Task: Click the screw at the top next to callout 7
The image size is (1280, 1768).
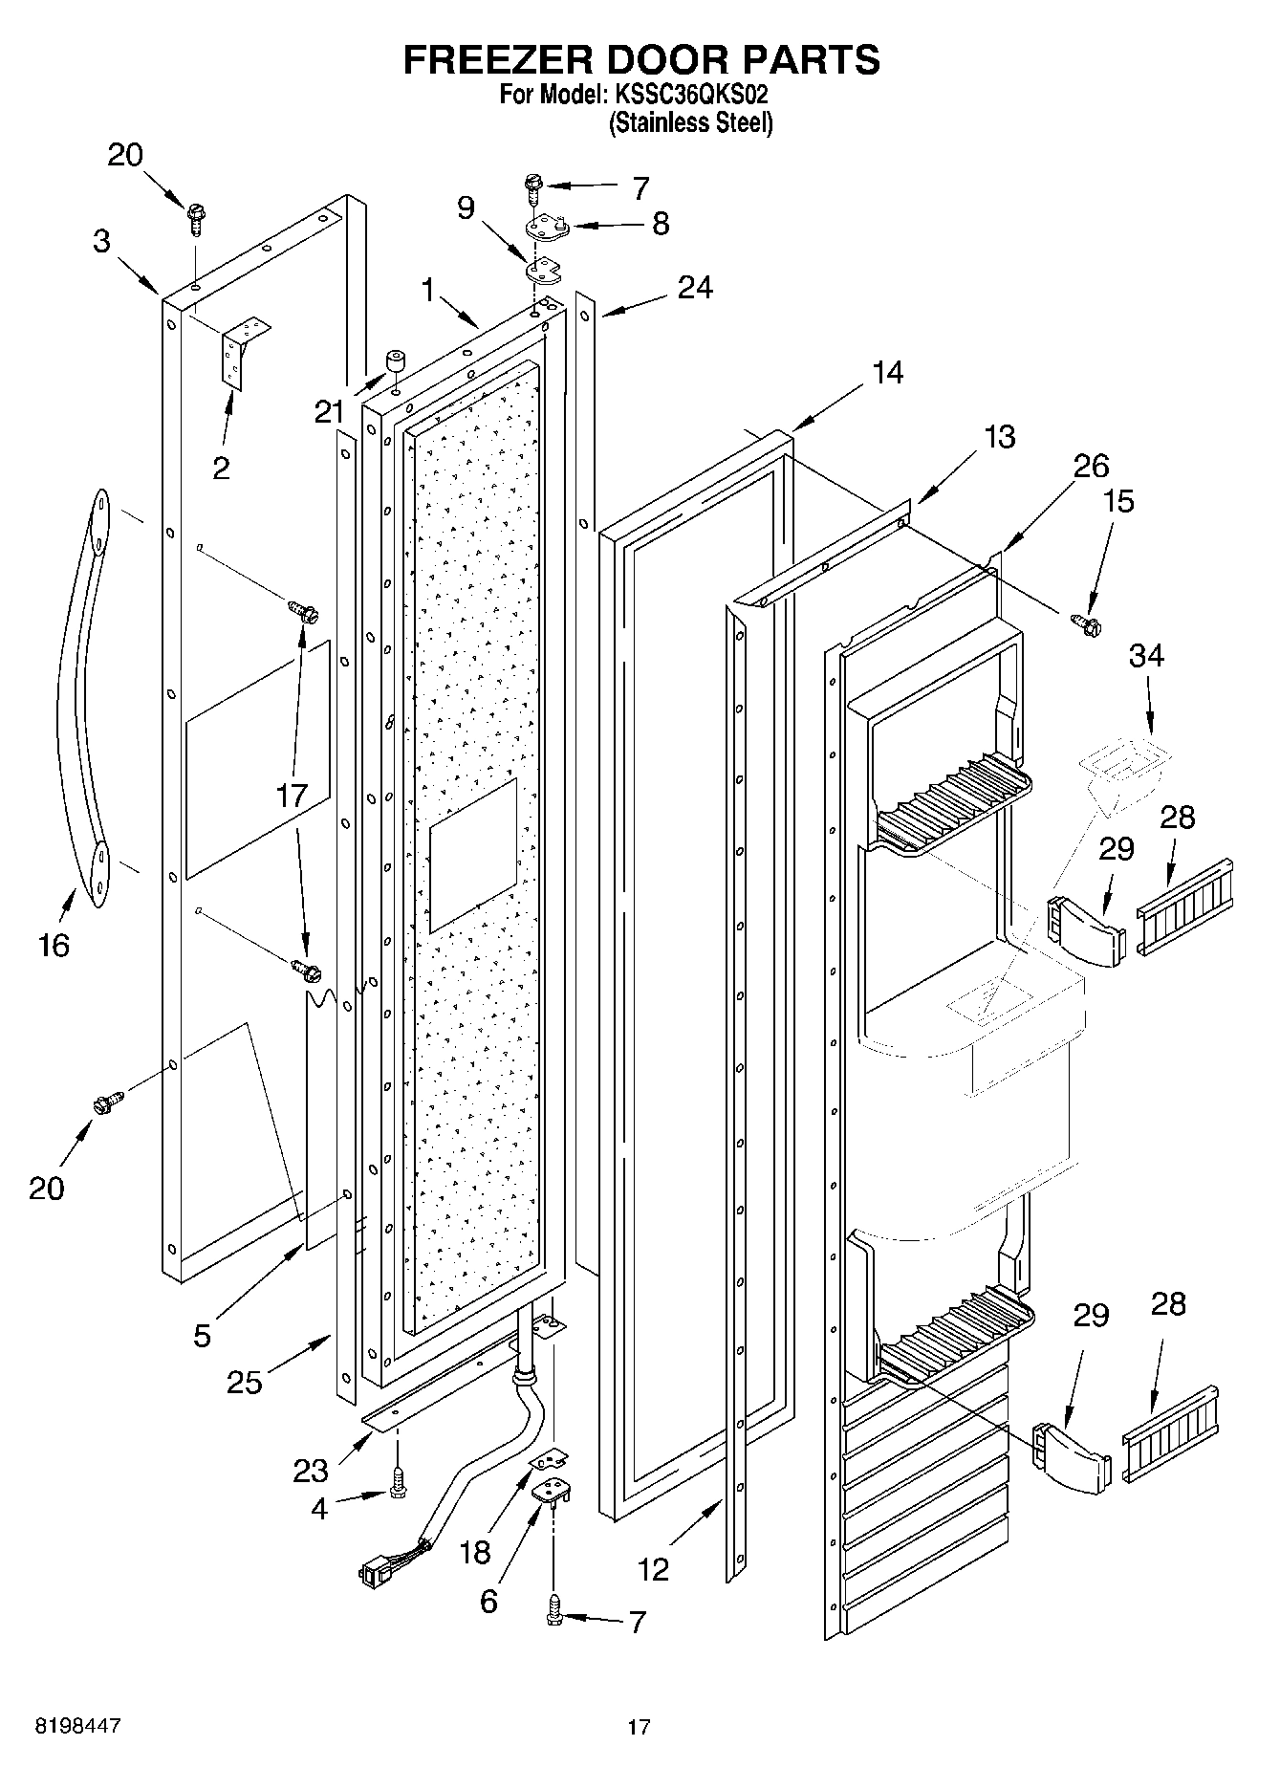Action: (532, 186)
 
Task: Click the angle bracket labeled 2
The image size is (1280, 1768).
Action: (242, 349)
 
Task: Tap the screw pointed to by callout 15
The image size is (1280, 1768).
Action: (1088, 624)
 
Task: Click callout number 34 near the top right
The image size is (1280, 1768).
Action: (1147, 656)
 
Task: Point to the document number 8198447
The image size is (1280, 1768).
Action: (79, 1726)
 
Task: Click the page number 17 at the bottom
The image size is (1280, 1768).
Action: (639, 1727)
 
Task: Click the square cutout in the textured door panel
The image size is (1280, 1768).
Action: (473, 854)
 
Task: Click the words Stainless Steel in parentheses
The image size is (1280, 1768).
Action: (690, 123)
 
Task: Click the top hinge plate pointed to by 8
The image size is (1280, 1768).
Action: (546, 228)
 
